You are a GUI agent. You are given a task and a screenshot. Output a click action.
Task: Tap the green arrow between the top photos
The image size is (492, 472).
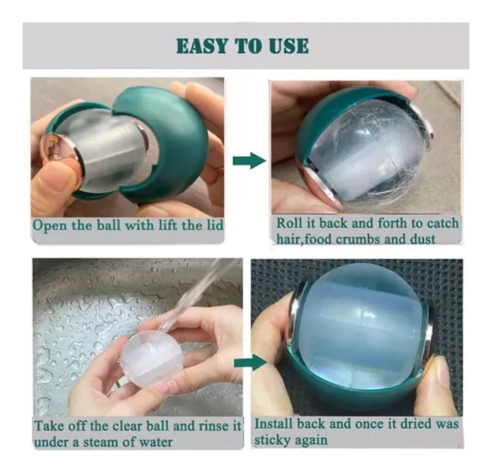pos(249,160)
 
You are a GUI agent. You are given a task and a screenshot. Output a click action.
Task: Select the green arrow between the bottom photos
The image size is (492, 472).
pos(250,363)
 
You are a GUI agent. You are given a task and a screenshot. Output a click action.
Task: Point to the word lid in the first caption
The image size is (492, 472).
pos(215,225)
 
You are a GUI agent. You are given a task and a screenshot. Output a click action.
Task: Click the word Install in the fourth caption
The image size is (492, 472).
pos(274,424)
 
